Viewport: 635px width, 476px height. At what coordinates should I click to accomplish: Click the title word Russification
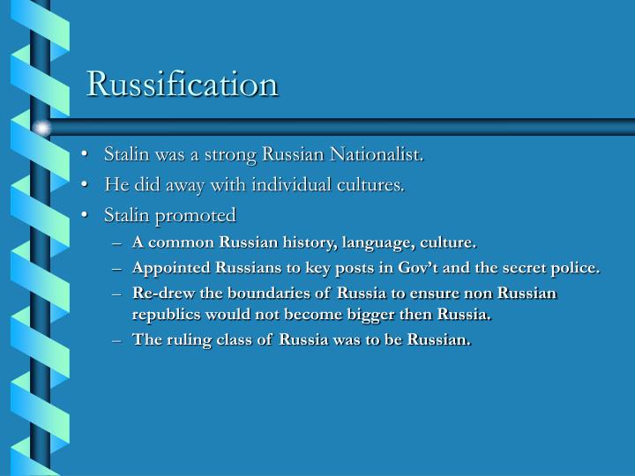point(183,84)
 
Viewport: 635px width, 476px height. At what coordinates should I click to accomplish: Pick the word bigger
point(374,314)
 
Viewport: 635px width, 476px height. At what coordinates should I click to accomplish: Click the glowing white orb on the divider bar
point(41,129)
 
